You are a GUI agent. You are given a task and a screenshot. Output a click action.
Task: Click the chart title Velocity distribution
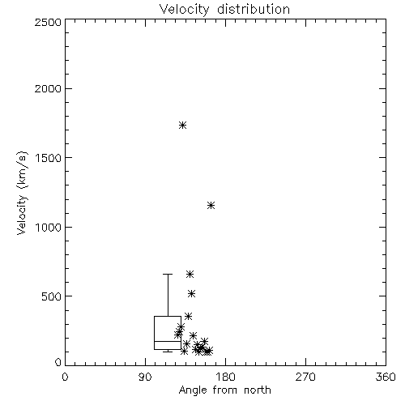pyautogui.click(x=224, y=9)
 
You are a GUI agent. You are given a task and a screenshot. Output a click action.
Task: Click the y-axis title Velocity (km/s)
pyautogui.click(x=22, y=193)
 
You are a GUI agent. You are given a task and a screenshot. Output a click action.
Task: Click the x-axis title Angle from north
pyautogui.click(x=225, y=390)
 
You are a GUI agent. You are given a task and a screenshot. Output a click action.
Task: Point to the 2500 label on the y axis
pyautogui.click(x=48, y=22)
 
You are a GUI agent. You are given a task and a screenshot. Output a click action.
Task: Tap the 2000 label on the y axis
pyautogui.click(x=48, y=88)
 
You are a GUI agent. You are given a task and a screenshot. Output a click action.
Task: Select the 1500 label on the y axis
pyautogui.click(x=49, y=158)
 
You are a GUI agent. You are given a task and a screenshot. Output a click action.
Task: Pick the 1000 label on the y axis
pyautogui.click(x=49, y=228)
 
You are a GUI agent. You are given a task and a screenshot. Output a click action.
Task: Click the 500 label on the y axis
pyautogui.click(x=52, y=296)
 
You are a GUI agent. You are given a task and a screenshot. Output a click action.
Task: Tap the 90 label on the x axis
pyautogui.click(x=145, y=377)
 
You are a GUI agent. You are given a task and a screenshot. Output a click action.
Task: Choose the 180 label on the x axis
pyautogui.click(x=224, y=377)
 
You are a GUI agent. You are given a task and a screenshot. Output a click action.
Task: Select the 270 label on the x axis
pyautogui.click(x=305, y=377)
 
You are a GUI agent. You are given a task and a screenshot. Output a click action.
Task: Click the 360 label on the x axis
pyautogui.click(x=386, y=377)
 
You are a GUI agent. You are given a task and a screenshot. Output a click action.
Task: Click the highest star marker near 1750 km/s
pyautogui.click(x=183, y=126)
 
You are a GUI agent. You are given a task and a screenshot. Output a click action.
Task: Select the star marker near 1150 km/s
pyautogui.click(x=211, y=206)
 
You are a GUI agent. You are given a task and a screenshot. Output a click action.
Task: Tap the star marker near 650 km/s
pyautogui.click(x=190, y=275)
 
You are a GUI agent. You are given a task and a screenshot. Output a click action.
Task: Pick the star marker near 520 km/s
pyautogui.click(x=191, y=294)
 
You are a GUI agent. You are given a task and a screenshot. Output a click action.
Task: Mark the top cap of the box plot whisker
pyautogui.click(x=168, y=274)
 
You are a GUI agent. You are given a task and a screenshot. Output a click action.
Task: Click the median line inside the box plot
pyautogui.click(x=168, y=341)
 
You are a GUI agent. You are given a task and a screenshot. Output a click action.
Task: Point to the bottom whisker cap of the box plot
pyautogui.click(x=168, y=352)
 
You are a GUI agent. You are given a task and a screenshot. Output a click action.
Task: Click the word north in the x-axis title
pyautogui.click(x=258, y=390)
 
